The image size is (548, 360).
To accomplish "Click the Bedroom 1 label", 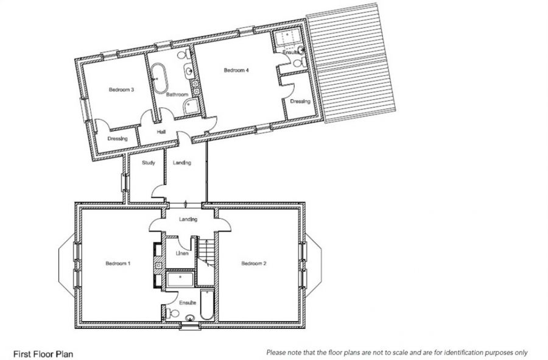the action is coord(118,263).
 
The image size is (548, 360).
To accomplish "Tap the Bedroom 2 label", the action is coord(254,263).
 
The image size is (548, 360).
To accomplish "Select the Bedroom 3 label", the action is coord(121,90).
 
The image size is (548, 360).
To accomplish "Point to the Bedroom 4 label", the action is coord(236,70).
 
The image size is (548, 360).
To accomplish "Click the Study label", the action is coord(149,163).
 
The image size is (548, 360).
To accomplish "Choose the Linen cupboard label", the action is coord(181,253).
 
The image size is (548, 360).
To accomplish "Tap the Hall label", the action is coord(161,132).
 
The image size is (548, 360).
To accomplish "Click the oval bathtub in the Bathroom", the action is coord(160,79).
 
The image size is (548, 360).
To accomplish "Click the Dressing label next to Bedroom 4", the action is coord(300,101).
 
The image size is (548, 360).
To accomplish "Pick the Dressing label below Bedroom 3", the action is coord(118,139).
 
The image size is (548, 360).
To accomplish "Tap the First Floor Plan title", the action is coord(43,354).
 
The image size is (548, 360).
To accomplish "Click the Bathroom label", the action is coord(177,94).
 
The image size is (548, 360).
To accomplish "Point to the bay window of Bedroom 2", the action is coord(313,266).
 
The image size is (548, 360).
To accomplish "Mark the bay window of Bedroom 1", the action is coord(66,266).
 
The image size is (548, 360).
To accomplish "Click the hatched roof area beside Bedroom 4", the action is coord(351,63).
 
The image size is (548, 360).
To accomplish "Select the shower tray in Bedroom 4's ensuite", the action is coord(287,38).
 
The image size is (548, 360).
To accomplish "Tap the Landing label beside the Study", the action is coord(181,163).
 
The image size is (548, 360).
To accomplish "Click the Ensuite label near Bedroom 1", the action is coord(188,302).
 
